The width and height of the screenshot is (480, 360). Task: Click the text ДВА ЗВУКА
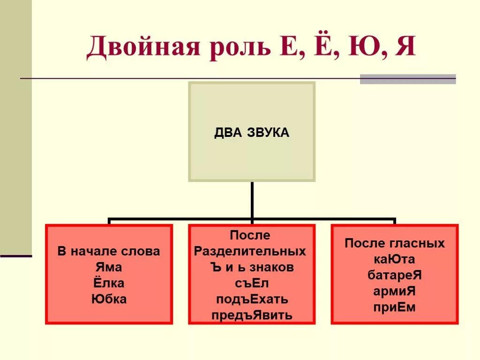point(252,133)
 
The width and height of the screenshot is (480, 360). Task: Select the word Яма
point(109,267)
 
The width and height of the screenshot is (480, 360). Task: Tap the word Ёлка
point(109,283)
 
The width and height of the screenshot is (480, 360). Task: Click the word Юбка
point(109,299)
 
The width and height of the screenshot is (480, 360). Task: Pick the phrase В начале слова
point(109,251)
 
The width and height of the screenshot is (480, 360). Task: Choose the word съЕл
point(252,283)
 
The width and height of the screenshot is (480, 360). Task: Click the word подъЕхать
point(252,299)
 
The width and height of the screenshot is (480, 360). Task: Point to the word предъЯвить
point(252,315)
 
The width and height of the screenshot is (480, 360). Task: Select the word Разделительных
point(250,251)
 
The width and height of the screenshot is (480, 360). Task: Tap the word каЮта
point(395,259)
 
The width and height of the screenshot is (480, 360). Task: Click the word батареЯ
point(395,275)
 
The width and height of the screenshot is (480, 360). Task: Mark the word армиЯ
point(395,291)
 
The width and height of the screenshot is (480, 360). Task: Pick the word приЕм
point(395,307)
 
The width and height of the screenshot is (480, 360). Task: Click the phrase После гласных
point(395,243)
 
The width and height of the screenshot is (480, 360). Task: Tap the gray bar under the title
point(408,79)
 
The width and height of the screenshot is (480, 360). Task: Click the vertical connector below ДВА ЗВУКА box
point(252,199)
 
